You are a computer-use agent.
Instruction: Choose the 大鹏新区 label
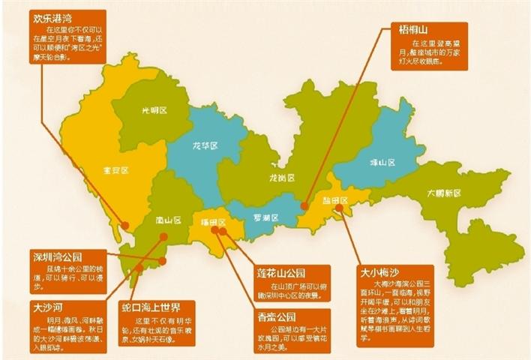pyautogui.click(x=442, y=193)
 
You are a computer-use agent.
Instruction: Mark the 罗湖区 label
pyautogui.click(x=264, y=218)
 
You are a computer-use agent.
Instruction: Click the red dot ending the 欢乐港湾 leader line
pyautogui.click(x=124, y=224)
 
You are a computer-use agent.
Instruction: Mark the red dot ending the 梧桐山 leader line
pyautogui.click(x=304, y=204)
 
